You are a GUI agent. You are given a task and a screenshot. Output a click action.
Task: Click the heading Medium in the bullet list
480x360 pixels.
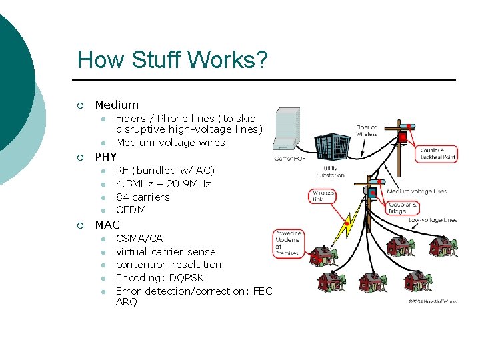point(117,105)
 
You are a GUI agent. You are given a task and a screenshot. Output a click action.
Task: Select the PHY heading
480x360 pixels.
point(106,157)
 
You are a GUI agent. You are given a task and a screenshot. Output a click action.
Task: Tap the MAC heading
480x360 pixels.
point(107,225)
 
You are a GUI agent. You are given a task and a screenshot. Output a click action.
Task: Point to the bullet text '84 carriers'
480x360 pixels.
point(143,197)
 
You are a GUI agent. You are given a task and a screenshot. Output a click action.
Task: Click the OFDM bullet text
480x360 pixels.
point(131,210)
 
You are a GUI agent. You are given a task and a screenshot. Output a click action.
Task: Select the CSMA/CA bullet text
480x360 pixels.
point(139,238)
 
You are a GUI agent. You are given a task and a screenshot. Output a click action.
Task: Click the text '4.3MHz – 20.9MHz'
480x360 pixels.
point(163,183)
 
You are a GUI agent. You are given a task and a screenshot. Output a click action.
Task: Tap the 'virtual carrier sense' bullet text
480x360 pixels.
point(165,251)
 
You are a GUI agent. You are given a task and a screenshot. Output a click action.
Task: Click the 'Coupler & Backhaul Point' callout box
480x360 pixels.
point(437,154)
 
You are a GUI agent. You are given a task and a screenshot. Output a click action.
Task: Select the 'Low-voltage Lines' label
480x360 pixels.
point(433,220)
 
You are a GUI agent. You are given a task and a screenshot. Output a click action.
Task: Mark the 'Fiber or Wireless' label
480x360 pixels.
point(366,130)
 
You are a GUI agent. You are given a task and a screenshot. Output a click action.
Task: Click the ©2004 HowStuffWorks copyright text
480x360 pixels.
point(431,301)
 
